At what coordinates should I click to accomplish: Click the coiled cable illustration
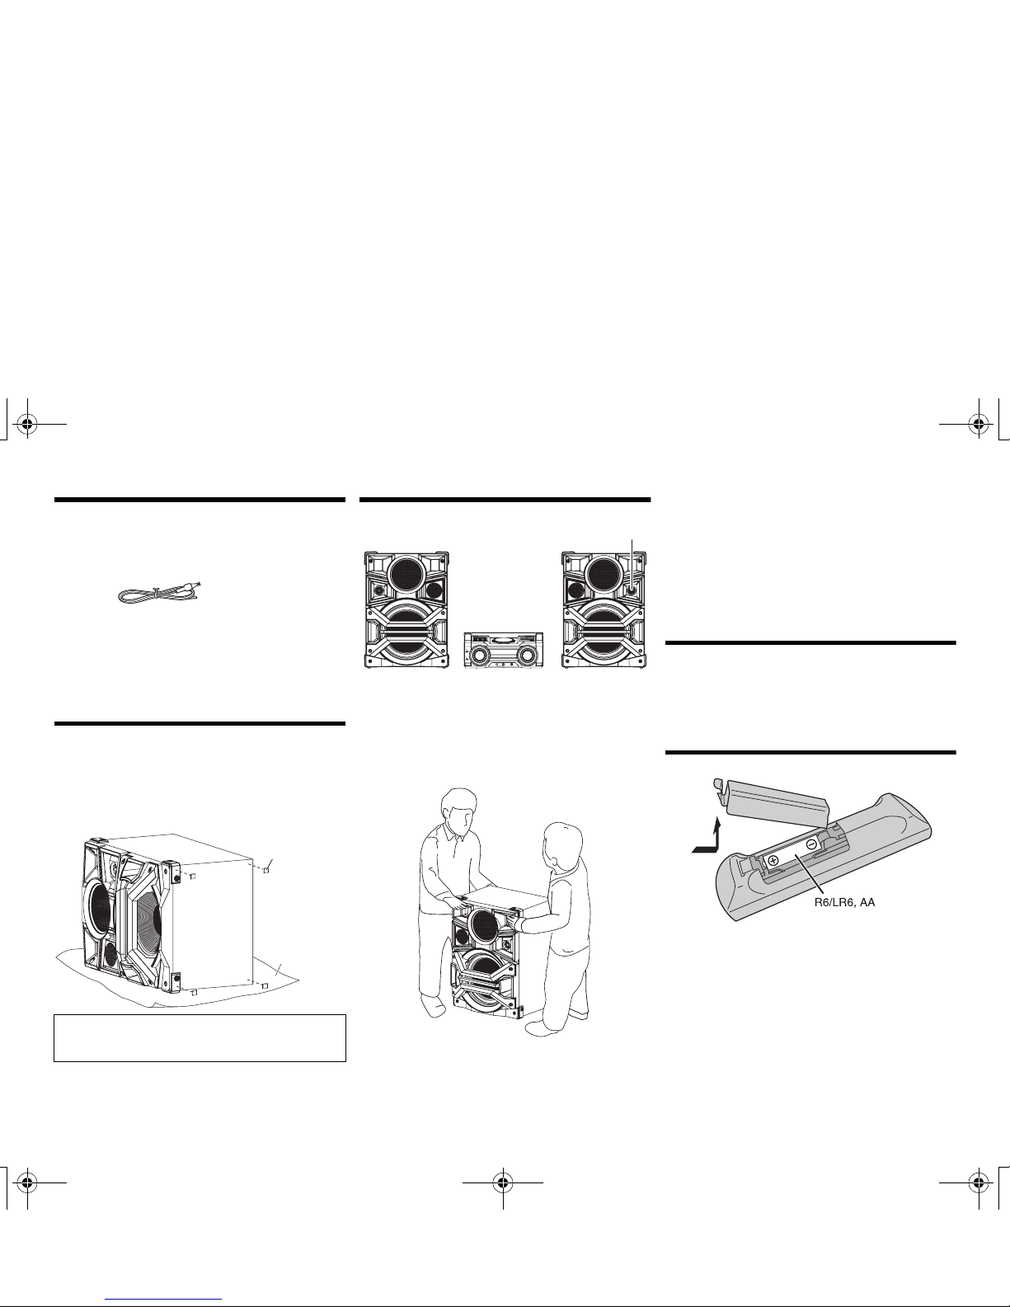pos(159,593)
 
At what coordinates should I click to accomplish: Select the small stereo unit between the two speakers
pos(504,650)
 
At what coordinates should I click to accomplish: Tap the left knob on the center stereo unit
pos(481,656)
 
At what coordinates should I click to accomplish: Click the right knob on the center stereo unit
pos(527,656)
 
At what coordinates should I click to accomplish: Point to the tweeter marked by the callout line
pos(631,590)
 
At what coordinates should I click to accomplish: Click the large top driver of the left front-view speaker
pos(407,575)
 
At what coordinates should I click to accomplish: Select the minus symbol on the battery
pos(811,844)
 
